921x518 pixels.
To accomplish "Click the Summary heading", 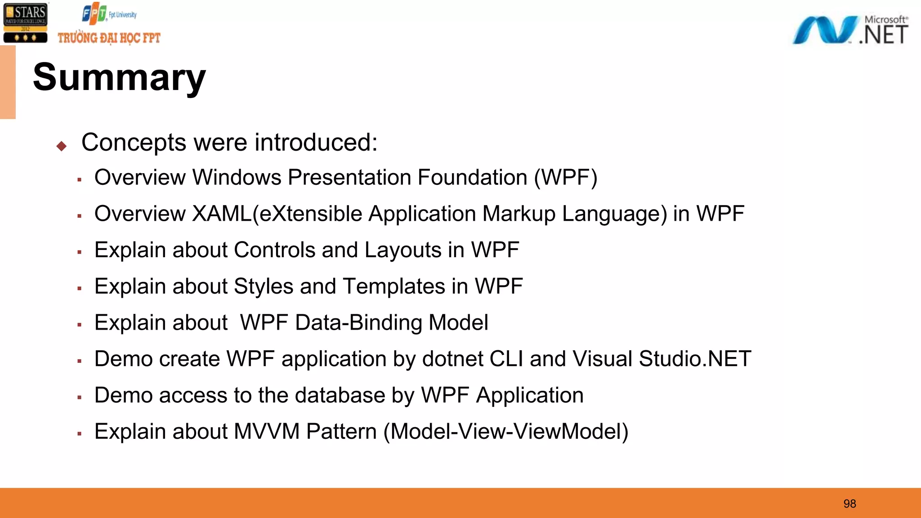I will coord(119,77).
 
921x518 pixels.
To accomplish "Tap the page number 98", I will coord(849,504).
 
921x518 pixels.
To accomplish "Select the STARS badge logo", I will coord(25,22).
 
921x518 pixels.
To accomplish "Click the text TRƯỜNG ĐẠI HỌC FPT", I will coord(109,38).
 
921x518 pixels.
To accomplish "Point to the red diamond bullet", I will coord(62,146).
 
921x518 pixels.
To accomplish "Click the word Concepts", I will coord(134,143).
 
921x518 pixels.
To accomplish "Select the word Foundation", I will coord(472,177).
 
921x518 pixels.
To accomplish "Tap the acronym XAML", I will coord(222,214).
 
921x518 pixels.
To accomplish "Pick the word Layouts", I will coord(403,250).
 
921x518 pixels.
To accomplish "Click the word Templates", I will coord(394,286).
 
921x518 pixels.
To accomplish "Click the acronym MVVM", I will coord(267,432).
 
